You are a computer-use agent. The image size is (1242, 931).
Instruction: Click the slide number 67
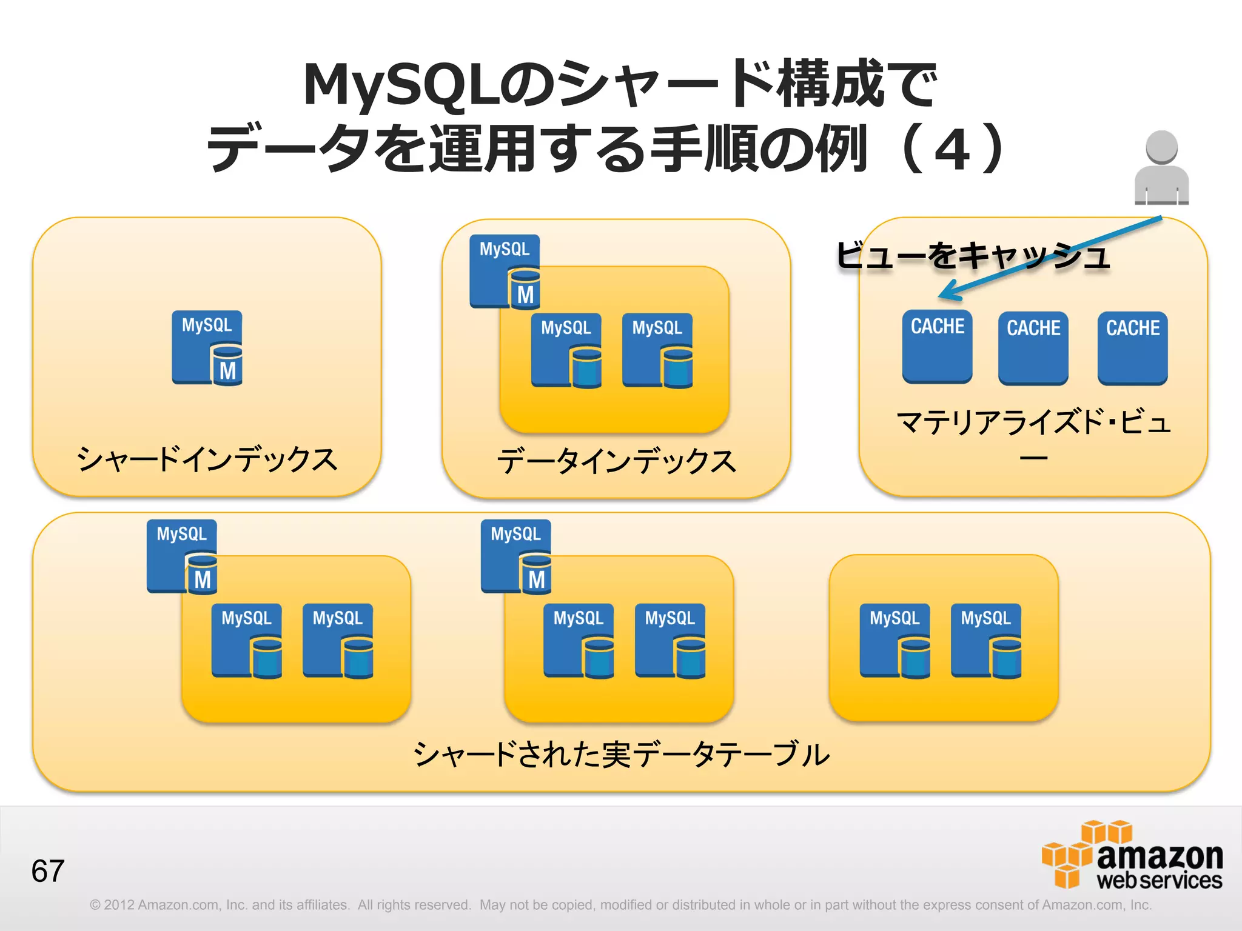click(x=48, y=871)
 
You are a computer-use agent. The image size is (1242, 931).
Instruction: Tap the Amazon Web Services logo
click(x=1132, y=855)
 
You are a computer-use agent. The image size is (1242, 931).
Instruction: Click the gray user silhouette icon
click(x=1161, y=168)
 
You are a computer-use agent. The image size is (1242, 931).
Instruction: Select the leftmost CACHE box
click(x=937, y=346)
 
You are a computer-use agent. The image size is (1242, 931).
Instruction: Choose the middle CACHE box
click(x=1033, y=348)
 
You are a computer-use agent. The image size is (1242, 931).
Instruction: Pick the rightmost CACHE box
click(x=1132, y=348)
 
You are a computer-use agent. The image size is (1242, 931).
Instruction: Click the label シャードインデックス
click(x=207, y=459)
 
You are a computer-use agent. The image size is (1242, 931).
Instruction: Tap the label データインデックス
click(x=616, y=461)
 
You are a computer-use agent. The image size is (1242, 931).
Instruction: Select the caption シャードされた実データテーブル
click(x=621, y=755)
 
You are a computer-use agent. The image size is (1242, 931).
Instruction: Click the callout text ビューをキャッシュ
click(x=973, y=255)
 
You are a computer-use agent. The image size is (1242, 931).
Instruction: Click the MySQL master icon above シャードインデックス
click(x=207, y=348)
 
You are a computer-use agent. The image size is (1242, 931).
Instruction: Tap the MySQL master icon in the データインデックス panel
click(x=505, y=271)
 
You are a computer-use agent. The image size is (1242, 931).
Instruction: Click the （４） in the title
click(x=952, y=148)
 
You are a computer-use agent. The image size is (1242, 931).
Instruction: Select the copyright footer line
click(x=620, y=905)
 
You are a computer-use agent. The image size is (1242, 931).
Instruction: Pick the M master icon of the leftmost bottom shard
click(x=182, y=556)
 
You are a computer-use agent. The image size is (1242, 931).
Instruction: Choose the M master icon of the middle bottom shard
click(x=516, y=556)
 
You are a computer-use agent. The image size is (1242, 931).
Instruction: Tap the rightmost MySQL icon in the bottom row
click(x=986, y=640)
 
